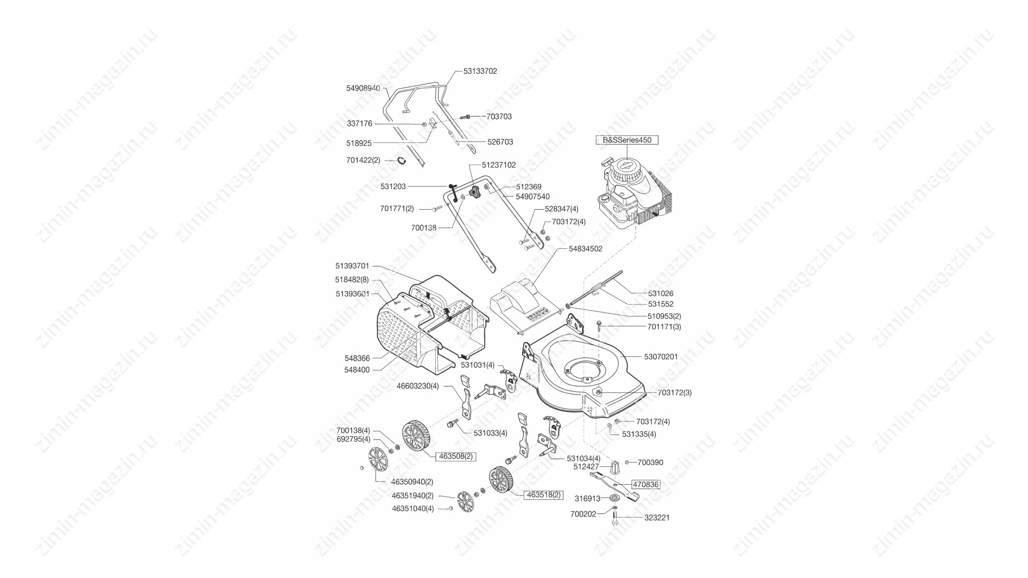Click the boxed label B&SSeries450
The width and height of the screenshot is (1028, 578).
point(627,140)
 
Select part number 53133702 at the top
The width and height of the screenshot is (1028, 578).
point(480,71)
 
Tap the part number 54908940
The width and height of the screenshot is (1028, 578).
point(363,88)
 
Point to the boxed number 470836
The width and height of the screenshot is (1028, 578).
point(645,484)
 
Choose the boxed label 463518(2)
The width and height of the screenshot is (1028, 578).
point(543,495)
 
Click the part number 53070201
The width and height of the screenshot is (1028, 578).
point(661,356)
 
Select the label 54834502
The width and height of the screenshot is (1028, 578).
point(585,249)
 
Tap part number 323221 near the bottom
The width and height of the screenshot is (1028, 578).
point(656,518)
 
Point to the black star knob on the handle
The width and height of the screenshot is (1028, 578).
point(473,192)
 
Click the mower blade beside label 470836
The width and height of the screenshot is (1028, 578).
point(615,485)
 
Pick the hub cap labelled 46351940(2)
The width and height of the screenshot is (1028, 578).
point(466,501)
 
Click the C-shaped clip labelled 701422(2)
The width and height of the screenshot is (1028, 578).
point(402,160)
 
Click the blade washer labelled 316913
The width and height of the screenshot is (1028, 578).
point(614,498)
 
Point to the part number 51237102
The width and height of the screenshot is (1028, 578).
point(498,165)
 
